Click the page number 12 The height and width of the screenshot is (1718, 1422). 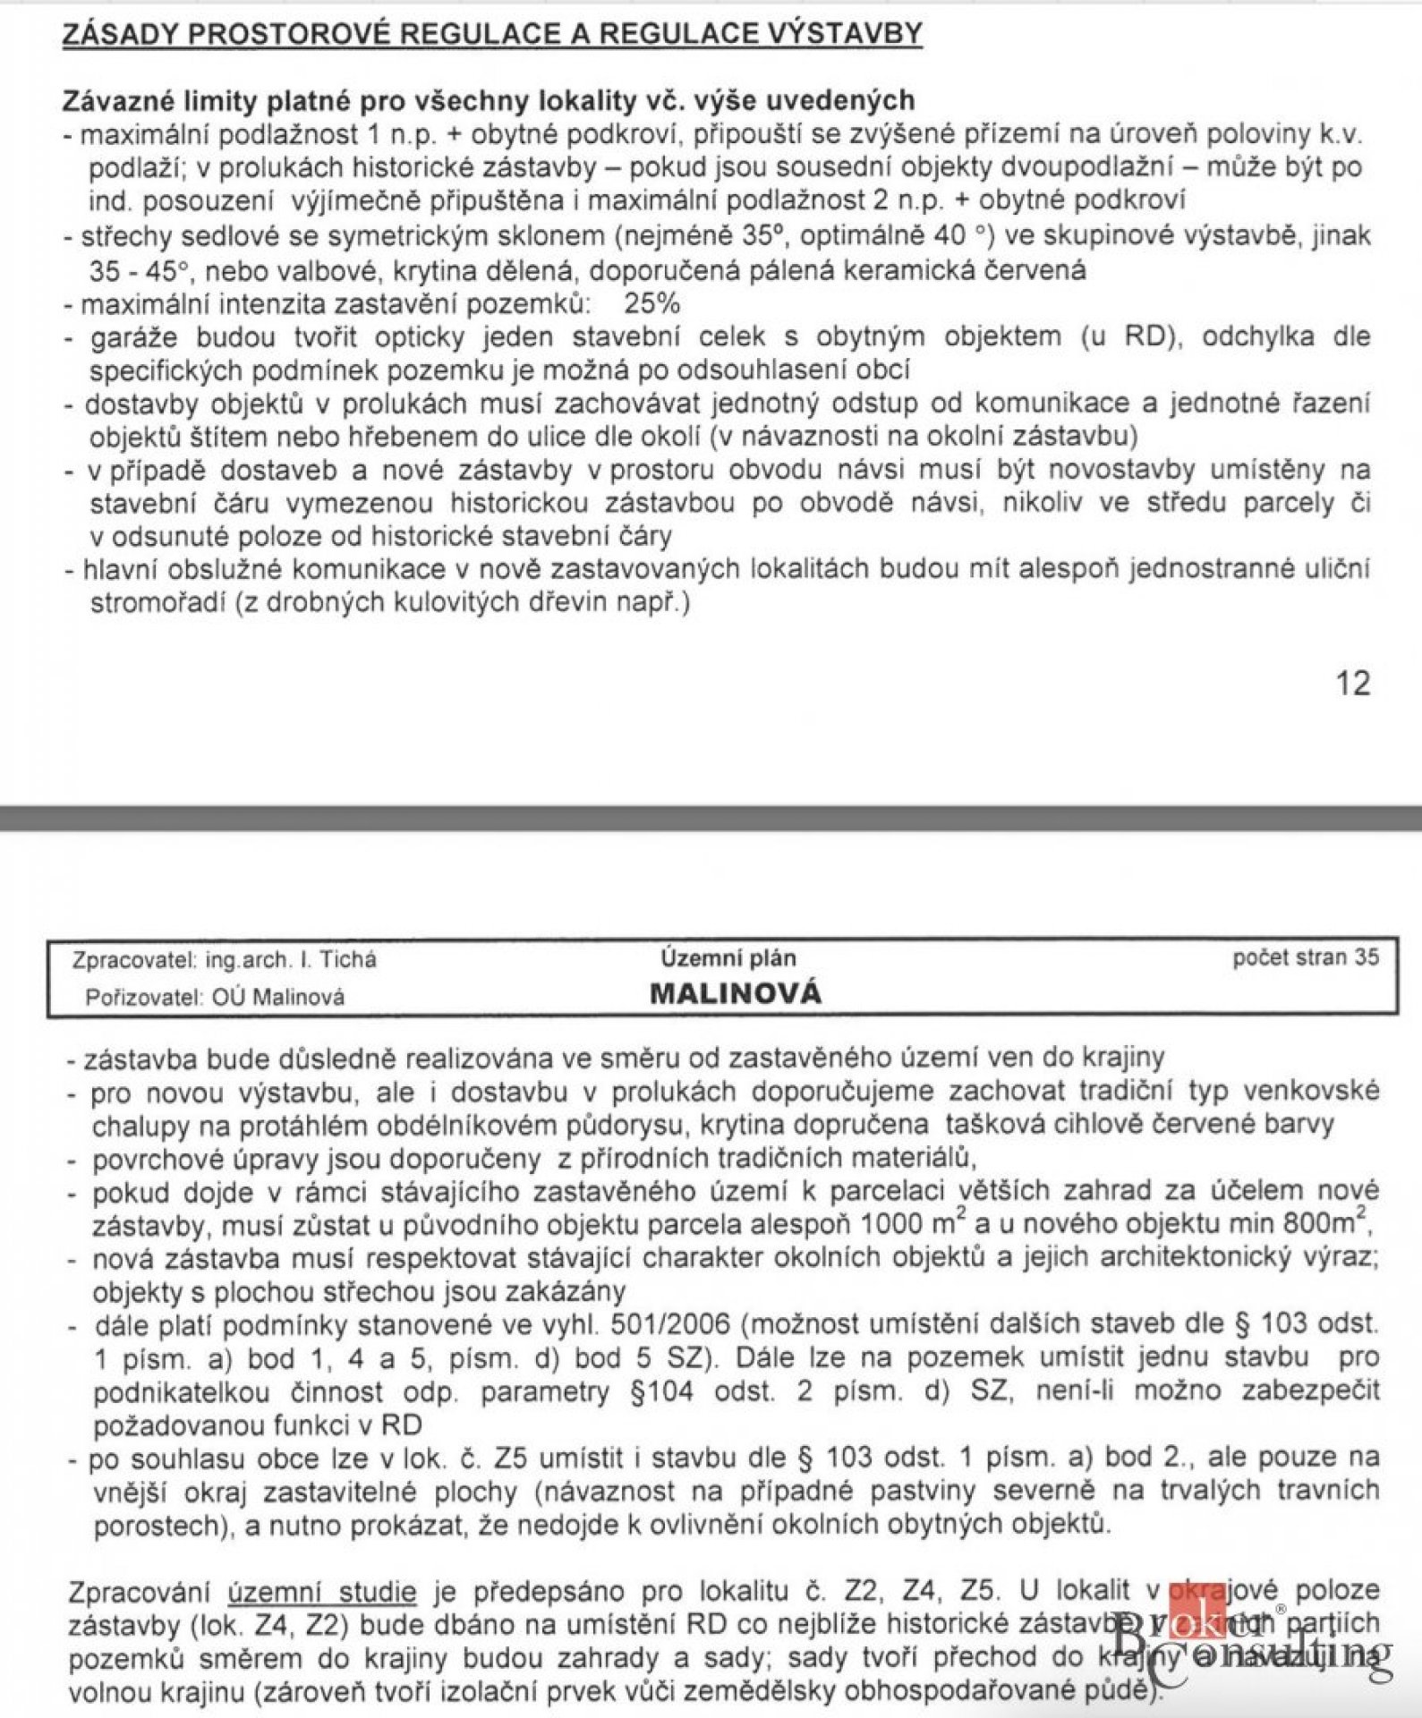(x=1352, y=683)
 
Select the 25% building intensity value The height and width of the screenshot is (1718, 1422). (x=652, y=303)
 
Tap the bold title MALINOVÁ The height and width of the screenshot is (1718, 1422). (x=735, y=993)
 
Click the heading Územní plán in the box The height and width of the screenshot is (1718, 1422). (x=728, y=958)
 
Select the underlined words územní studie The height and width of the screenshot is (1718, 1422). (x=321, y=1592)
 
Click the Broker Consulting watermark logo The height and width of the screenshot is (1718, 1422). (x=1253, y=1646)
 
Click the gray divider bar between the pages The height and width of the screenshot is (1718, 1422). (x=711, y=818)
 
